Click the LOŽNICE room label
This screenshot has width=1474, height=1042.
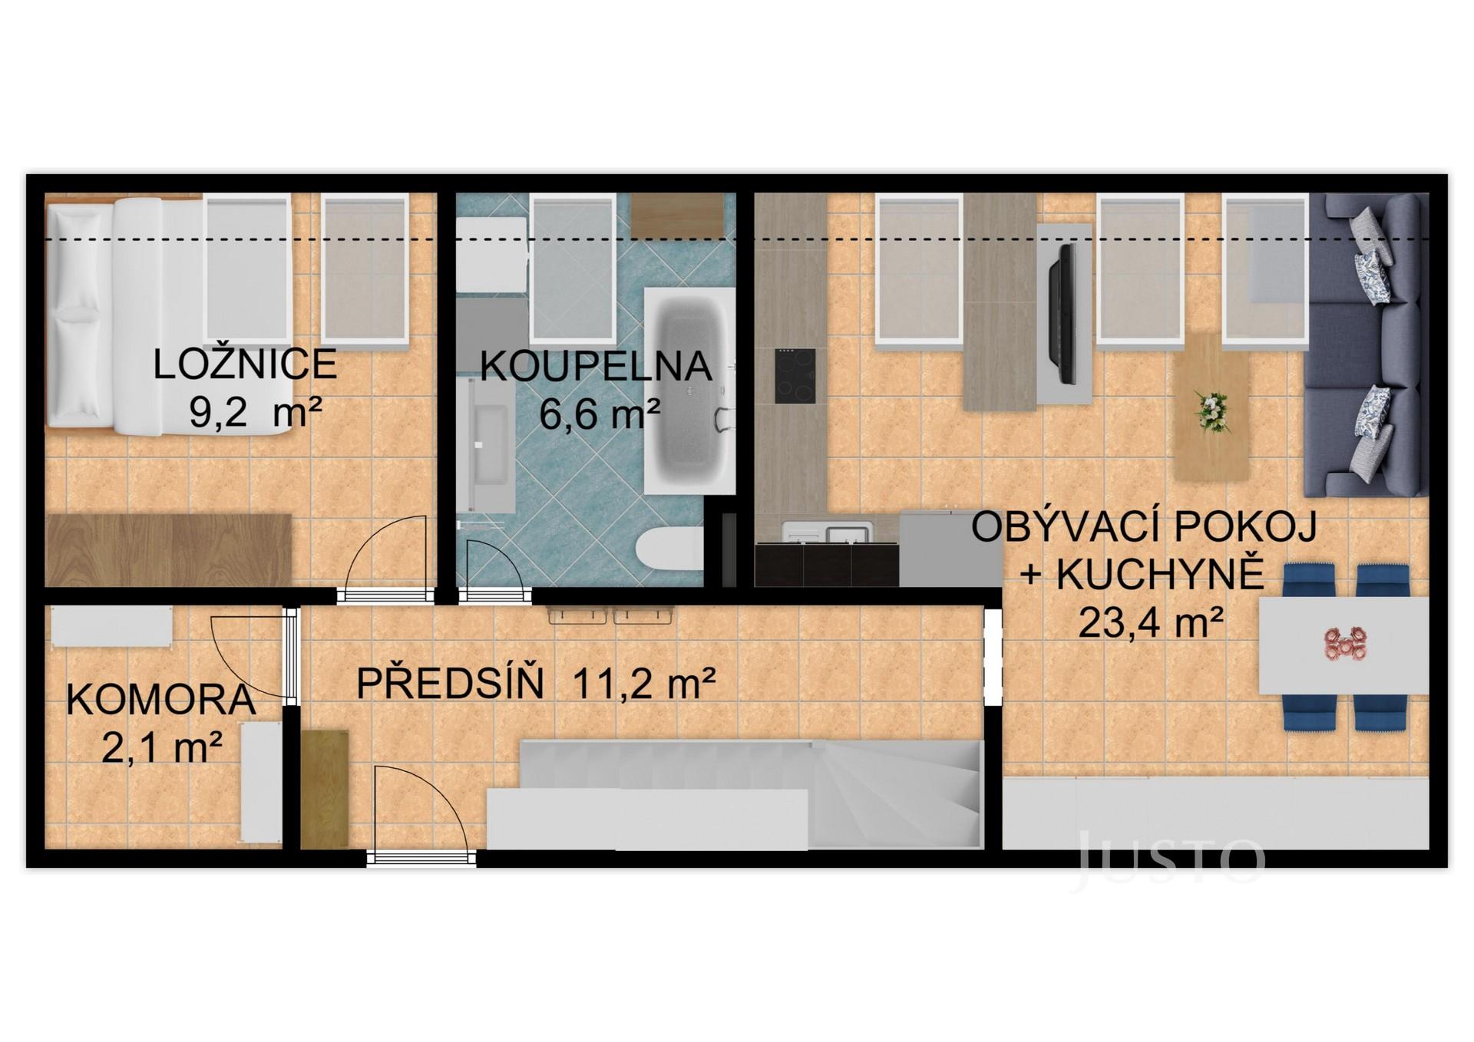(x=244, y=364)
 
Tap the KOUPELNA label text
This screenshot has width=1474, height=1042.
(x=595, y=367)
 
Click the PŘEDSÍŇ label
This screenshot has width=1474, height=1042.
(x=451, y=683)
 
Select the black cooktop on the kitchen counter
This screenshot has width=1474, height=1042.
(x=795, y=376)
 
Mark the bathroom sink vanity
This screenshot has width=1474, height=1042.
(x=485, y=445)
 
